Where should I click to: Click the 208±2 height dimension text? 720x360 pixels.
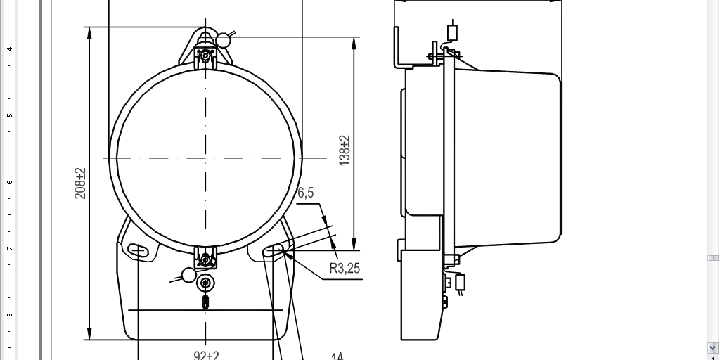[x=80, y=184]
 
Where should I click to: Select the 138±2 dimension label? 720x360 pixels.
[x=345, y=149]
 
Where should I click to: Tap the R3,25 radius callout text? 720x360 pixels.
[x=345, y=268]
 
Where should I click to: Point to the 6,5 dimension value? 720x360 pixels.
[x=305, y=193]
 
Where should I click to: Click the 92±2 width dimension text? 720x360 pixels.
[x=206, y=355]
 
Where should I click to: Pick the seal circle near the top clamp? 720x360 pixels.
[x=223, y=40]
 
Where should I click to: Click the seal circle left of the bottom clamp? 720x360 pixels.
[x=188, y=275]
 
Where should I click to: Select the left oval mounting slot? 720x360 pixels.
[x=139, y=250]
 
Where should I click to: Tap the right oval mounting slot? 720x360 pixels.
[x=274, y=250]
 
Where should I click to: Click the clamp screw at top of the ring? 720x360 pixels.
[x=205, y=56]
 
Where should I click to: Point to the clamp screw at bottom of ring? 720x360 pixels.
[x=205, y=259]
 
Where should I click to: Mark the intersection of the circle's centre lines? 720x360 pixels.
[x=205, y=157]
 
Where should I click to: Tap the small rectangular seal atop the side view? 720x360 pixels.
[x=452, y=32]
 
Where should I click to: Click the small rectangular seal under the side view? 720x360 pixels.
[x=461, y=282]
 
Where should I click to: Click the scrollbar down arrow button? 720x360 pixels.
[x=712, y=347]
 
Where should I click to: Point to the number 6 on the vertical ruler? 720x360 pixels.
[x=9, y=182]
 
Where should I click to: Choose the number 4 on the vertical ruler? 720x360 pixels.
[x=9, y=49]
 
